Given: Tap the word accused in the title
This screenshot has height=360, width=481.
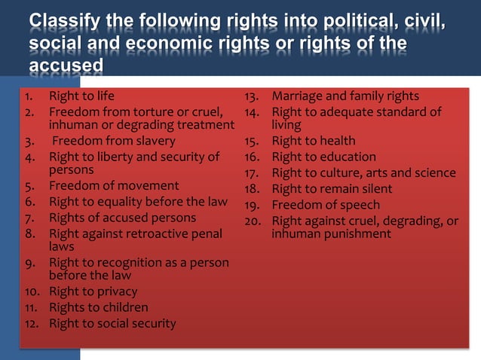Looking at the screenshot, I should tap(66, 65).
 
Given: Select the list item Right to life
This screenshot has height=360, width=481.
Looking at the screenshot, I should tap(82, 96).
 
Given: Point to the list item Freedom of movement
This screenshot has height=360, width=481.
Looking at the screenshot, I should tap(114, 185).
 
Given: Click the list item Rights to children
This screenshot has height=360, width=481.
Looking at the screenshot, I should tap(99, 307).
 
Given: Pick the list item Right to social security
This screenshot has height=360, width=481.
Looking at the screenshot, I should tap(112, 323).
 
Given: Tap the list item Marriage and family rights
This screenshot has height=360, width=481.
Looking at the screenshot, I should tap(345, 96).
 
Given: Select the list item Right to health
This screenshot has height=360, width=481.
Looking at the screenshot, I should tap(314, 141).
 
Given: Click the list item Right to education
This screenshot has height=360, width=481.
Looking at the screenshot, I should tap(323, 157).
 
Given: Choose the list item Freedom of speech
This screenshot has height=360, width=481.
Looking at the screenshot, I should tap(326, 205).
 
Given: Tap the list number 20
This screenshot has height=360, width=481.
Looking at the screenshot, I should tap(253, 221).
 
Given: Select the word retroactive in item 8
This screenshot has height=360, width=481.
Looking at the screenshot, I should tap(156, 234).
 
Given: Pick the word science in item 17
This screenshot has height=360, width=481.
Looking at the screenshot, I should tap(432, 173).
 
